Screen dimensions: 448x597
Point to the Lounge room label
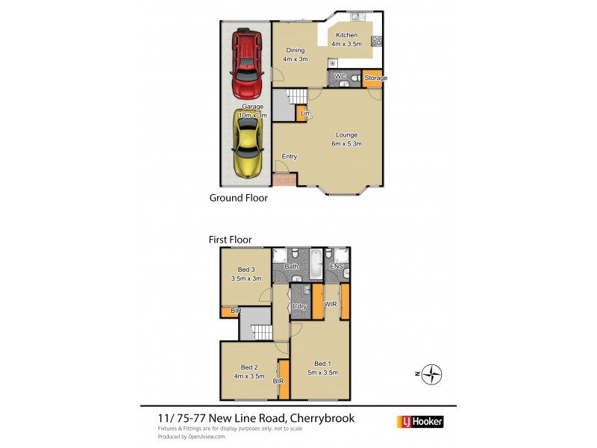(347, 140)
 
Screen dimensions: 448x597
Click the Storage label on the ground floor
(375, 78)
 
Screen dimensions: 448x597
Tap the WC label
(339, 77)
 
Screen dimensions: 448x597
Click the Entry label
(290, 157)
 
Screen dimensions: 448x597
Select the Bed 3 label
(247, 274)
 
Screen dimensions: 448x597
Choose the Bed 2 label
(249, 371)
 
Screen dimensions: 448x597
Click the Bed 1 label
(323, 367)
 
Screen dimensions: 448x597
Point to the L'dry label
(301, 307)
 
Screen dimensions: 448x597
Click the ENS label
(337, 266)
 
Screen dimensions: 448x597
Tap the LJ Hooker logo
(422, 422)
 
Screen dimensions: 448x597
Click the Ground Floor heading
(238, 199)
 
